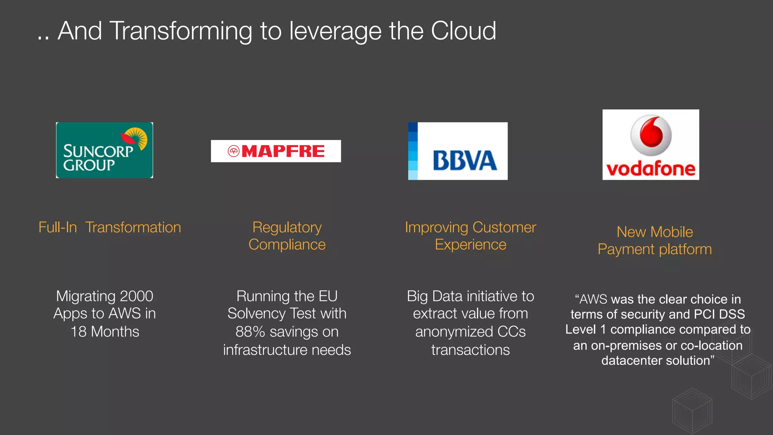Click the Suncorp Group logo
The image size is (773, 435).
pos(105,150)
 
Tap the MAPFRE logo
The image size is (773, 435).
pos(276,151)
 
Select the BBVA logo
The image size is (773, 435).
pos(458,151)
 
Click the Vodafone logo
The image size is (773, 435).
pos(651,145)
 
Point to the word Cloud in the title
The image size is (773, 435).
pos(463,31)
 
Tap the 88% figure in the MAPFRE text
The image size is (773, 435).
pos(250,332)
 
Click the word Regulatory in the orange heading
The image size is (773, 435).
pos(287,228)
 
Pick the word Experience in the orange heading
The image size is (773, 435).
pos(470,245)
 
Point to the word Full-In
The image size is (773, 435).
pos(58,228)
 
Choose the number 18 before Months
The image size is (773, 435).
pos(79,332)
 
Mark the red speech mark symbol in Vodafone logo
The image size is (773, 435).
pos(651,135)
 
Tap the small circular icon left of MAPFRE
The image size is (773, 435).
pos(234,151)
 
